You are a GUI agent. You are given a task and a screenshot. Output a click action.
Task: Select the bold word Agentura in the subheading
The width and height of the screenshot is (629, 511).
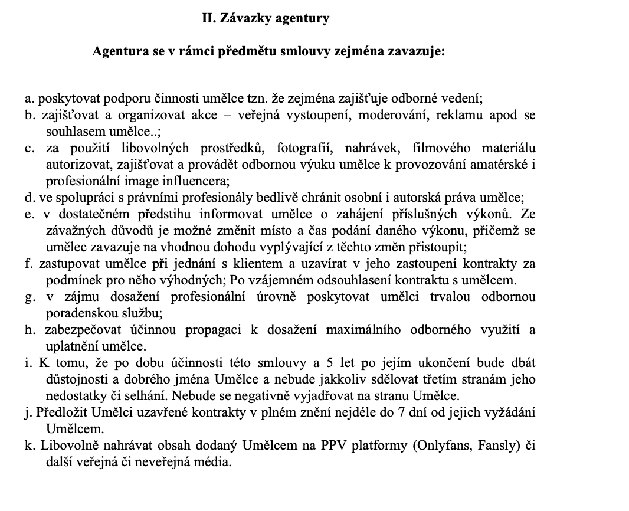(x=117, y=51)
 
